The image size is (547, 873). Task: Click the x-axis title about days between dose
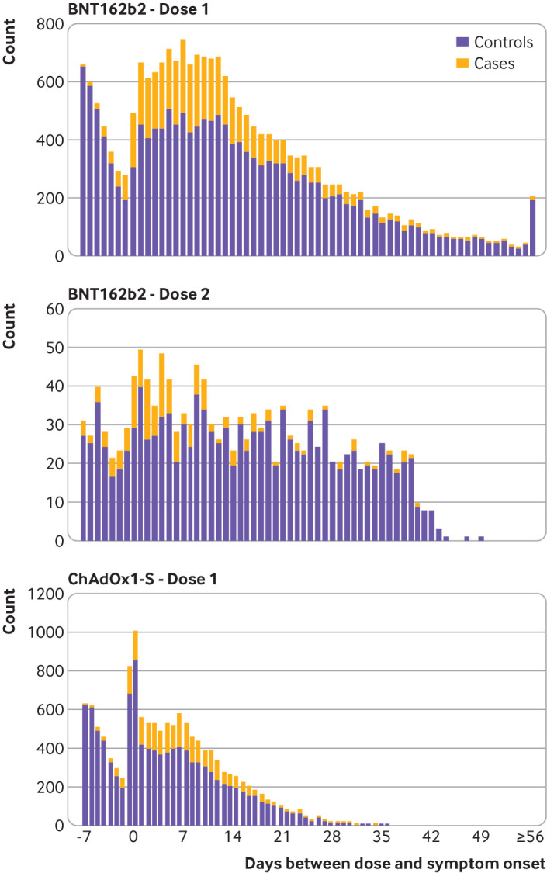click(x=396, y=862)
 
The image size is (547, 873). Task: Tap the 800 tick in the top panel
click(x=48, y=24)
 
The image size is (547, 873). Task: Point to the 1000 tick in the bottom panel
click(x=44, y=632)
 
